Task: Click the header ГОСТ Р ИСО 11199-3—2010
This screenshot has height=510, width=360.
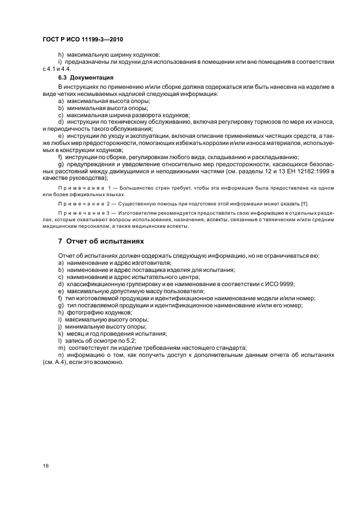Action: tap(86, 40)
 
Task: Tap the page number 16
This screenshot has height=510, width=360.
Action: tap(45, 465)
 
